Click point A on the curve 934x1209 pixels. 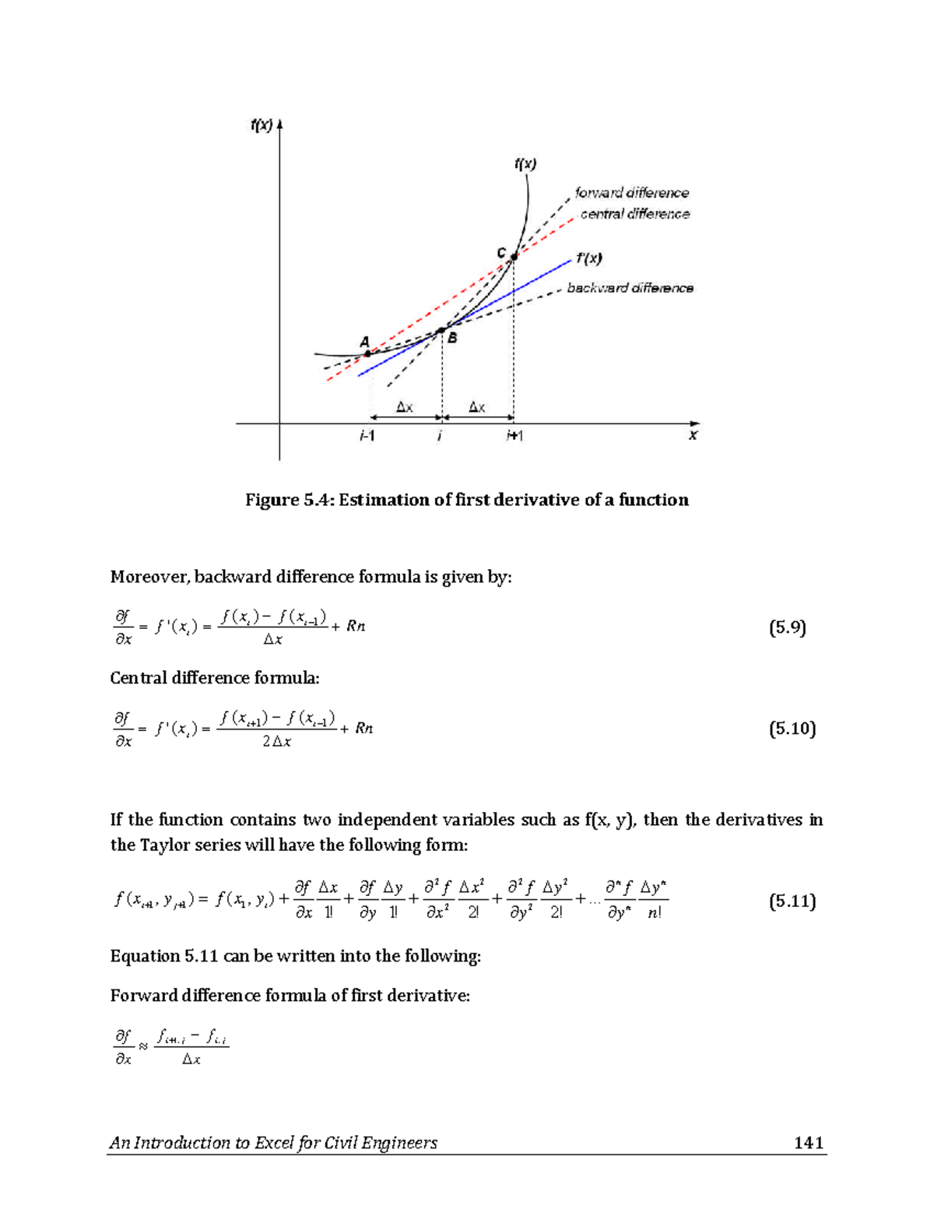pos(367,353)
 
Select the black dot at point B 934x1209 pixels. pos(441,331)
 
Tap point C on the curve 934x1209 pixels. pos(514,257)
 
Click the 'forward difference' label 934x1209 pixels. pos(631,192)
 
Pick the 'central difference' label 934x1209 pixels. pos(634,213)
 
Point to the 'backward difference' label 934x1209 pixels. pos(630,288)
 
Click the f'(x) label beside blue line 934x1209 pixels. pos(589,258)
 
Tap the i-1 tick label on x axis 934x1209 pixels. pos(367,436)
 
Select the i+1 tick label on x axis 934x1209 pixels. pos(514,436)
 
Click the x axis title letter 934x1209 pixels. pos(693,435)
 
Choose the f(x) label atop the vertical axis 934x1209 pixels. pos(262,125)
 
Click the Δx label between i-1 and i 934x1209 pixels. pos(405,407)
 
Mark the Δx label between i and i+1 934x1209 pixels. pos(477,407)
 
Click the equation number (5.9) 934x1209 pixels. pos(787,627)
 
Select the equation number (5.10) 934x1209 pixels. pos(792,729)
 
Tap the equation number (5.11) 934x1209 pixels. pos(792,901)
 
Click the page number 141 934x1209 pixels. pos(809,1142)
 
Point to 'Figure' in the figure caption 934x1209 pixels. pos(272,500)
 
